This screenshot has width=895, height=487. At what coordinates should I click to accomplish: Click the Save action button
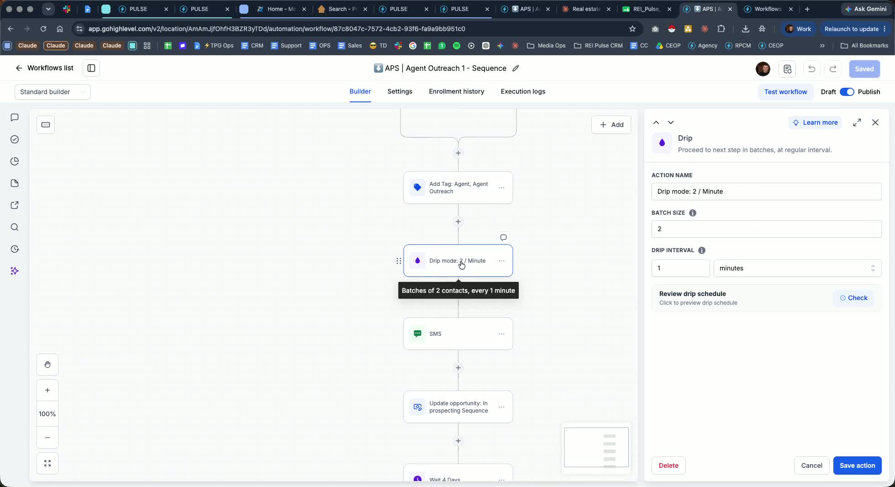[857, 466]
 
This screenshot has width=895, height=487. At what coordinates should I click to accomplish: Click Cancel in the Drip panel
[811, 466]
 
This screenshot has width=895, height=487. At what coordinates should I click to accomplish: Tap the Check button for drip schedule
[853, 298]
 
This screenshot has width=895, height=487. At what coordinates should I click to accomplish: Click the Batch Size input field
[766, 229]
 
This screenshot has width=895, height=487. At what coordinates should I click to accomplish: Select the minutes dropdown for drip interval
[797, 268]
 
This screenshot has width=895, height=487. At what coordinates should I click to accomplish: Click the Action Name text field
[766, 191]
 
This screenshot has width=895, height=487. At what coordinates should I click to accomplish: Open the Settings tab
[400, 91]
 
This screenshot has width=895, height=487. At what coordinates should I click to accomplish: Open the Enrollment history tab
[456, 91]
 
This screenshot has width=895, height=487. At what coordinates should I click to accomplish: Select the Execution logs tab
[523, 91]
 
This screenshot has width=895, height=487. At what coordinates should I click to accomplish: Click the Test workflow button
[785, 92]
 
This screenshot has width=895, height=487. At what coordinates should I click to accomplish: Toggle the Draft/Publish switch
[847, 92]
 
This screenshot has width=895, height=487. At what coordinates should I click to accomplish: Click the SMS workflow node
[458, 334]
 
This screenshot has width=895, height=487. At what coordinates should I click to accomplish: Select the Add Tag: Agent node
[458, 188]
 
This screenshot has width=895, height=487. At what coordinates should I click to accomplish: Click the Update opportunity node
[458, 407]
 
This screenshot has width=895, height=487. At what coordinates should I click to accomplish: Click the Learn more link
[815, 122]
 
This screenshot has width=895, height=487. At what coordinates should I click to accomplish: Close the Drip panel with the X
[875, 122]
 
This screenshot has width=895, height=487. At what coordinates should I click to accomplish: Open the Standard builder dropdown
[53, 92]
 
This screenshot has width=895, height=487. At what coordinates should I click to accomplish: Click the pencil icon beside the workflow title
[516, 68]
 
